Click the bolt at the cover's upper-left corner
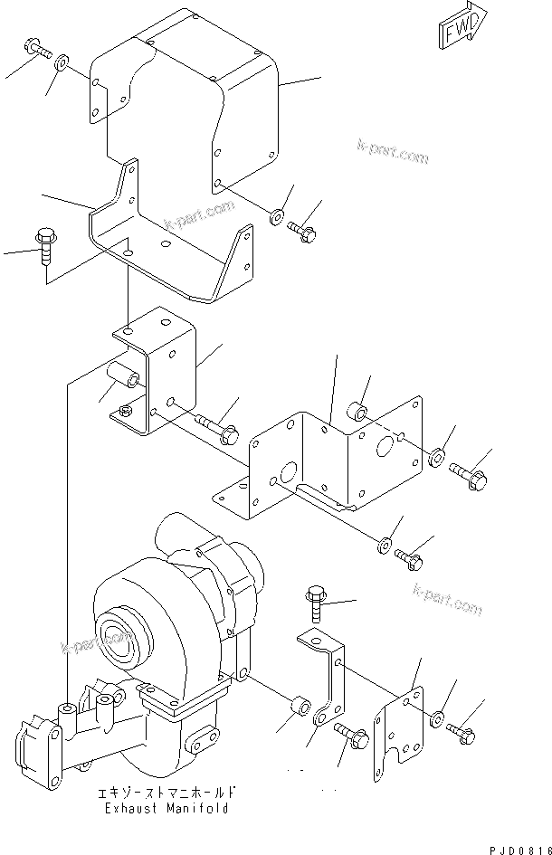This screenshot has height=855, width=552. [34, 46]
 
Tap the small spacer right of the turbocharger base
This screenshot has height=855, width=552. [301, 705]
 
